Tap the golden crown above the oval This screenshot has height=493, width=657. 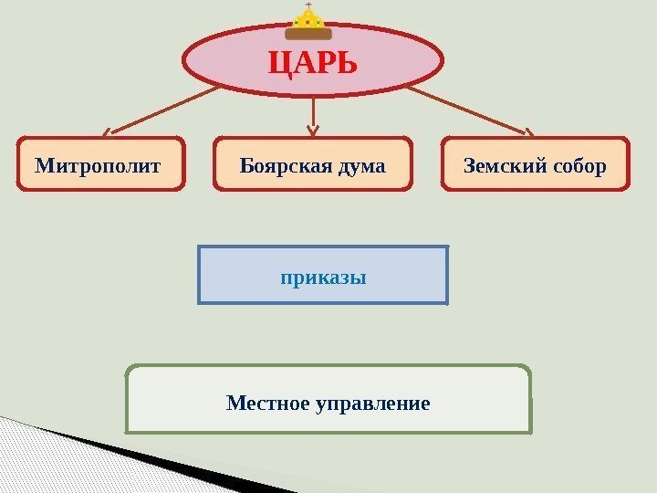click(x=308, y=22)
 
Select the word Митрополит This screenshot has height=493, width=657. click(x=98, y=166)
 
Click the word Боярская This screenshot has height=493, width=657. click(x=282, y=166)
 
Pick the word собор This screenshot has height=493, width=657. click(x=577, y=166)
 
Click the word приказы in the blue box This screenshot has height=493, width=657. click(x=323, y=276)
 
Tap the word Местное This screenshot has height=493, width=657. click(x=267, y=402)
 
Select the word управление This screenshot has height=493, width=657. click(x=372, y=402)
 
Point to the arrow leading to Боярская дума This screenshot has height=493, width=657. click(x=314, y=114)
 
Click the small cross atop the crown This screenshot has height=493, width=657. click(x=308, y=5)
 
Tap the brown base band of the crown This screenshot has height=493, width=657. click(x=308, y=34)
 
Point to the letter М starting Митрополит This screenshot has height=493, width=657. click(x=43, y=166)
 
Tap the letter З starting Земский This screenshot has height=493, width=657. click(x=470, y=166)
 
